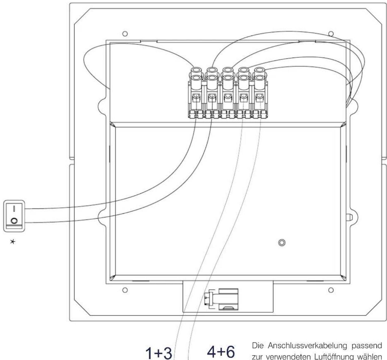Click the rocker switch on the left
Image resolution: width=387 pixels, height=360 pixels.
[x=14, y=216]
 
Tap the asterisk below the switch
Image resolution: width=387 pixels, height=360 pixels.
[x=13, y=242]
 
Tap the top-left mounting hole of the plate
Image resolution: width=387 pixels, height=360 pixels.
[x=125, y=34]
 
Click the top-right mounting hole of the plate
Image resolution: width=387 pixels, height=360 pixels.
[x=331, y=34]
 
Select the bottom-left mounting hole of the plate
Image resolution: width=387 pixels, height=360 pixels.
[x=125, y=290]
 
